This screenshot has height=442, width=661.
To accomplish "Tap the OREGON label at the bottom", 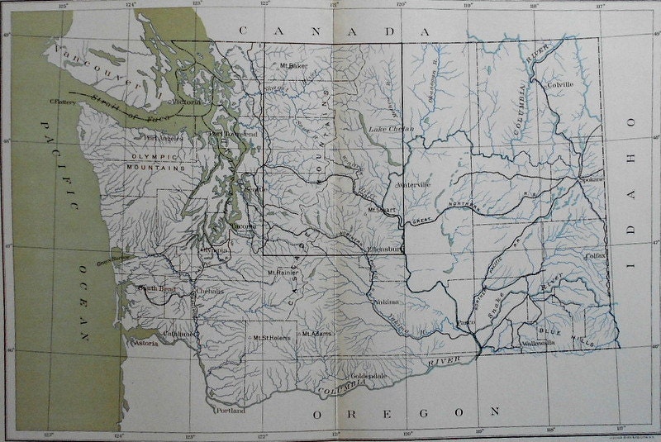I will click(x=405, y=411).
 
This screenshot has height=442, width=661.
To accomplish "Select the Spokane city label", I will click(x=593, y=178).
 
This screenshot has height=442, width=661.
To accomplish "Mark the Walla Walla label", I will click(x=536, y=343).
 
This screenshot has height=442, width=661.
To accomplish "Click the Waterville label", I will click(x=414, y=185).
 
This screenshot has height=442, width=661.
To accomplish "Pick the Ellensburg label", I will click(x=384, y=245).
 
